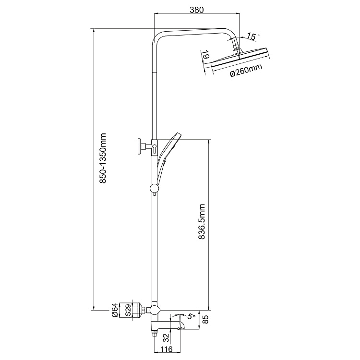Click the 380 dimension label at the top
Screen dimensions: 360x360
[197, 10]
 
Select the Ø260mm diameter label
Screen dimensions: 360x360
[246, 71]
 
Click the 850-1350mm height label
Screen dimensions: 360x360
[103, 158]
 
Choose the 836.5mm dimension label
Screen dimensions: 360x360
[202, 222]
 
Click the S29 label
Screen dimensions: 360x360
[128, 310]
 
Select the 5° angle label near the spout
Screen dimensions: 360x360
[191, 316]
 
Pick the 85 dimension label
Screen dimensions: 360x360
[206, 319]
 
